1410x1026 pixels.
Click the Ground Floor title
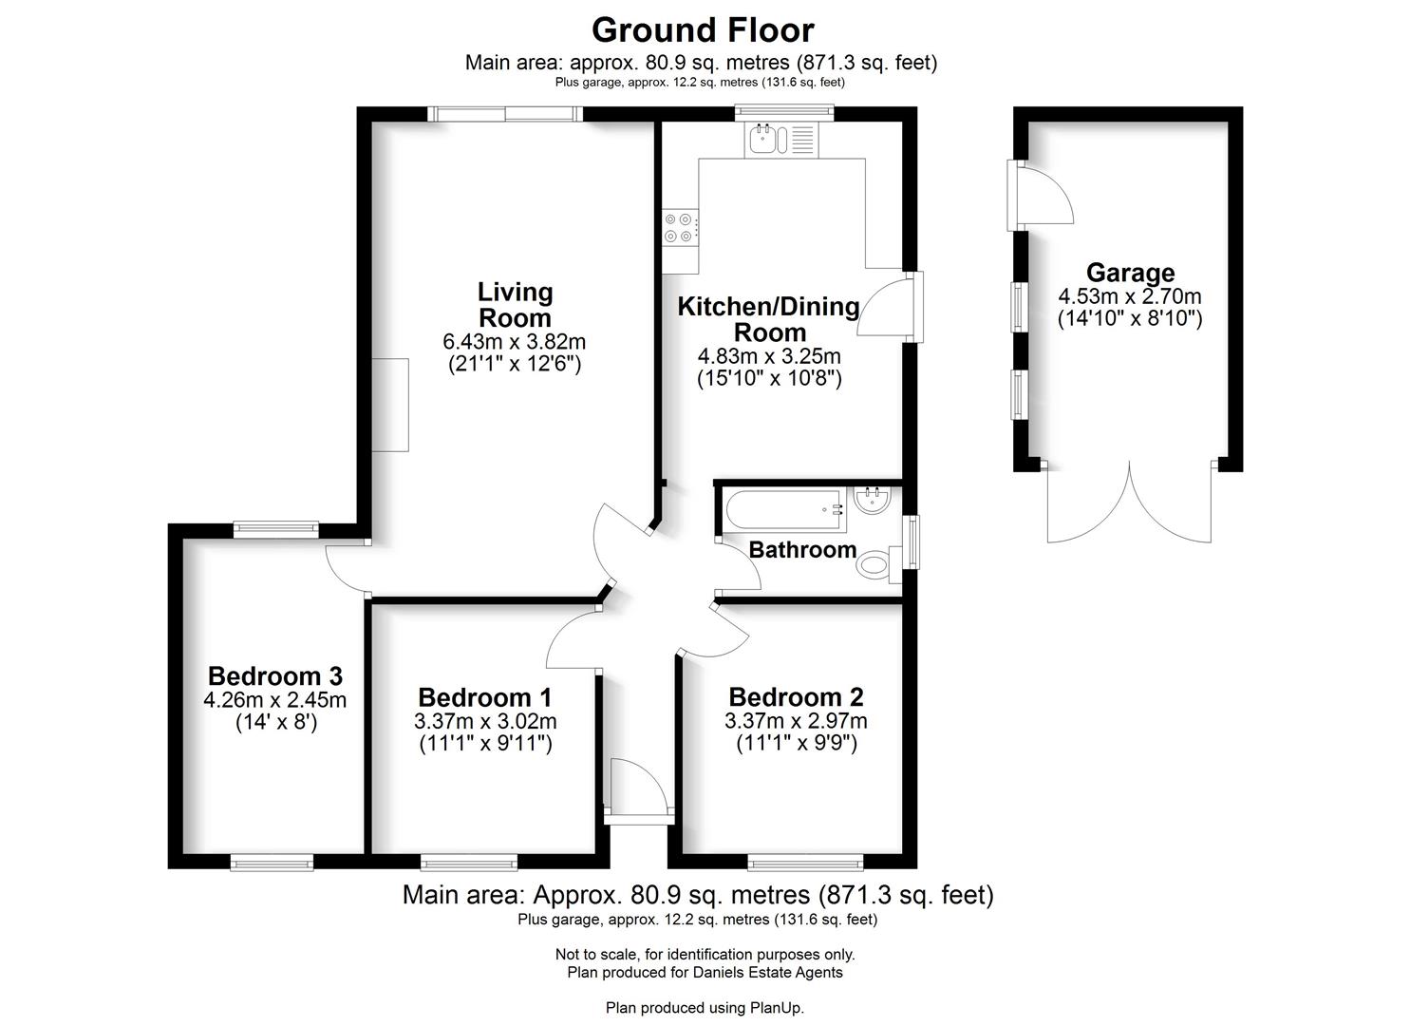(x=703, y=30)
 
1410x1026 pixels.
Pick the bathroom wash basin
(x=871, y=501)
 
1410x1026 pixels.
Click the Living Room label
(x=515, y=305)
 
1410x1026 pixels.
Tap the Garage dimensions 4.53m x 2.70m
(x=1130, y=297)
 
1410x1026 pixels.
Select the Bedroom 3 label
(x=274, y=676)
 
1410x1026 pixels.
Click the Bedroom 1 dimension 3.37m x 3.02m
(x=485, y=721)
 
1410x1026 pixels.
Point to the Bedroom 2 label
(x=796, y=697)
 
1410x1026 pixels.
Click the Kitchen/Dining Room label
(x=768, y=319)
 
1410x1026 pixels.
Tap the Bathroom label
(x=802, y=550)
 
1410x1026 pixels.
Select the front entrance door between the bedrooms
(x=638, y=787)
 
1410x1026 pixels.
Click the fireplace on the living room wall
(x=390, y=405)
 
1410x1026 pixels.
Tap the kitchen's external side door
(x=893, y=306)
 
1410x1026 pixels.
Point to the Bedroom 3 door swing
(x=346, y=568)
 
